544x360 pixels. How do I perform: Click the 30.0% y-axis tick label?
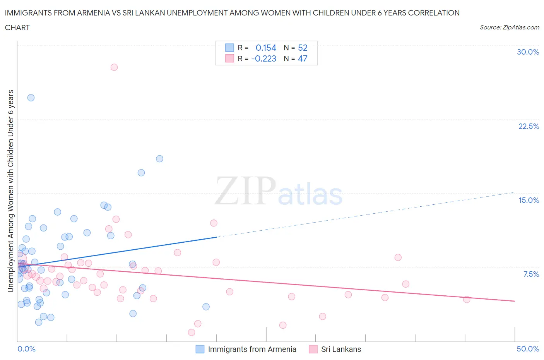click(528, 52)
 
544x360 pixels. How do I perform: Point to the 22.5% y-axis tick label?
click(529, 126)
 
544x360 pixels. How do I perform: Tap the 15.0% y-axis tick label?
click(529, 200)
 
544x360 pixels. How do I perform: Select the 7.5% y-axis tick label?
click(531, 274)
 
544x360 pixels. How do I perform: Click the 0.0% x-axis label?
click(26, 349)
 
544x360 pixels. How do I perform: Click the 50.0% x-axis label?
click(528, 349)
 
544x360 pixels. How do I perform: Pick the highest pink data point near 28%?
click(114, 67)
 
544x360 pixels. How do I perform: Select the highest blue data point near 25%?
click(31, 98)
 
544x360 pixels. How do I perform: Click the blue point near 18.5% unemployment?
click(159, 159)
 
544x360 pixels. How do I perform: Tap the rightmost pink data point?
click(467, 299)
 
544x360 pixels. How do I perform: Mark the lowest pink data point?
click(191, 332)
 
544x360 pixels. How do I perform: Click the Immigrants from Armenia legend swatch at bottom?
click(200, 349)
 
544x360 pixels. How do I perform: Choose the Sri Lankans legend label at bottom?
click(341, 349)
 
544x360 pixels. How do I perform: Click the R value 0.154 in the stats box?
click(266, 48)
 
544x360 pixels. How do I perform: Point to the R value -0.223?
click(263, 58)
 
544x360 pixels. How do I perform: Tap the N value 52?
click(303, 48)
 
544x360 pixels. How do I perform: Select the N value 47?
click(303, 58)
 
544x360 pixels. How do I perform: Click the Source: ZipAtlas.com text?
click(509, 27)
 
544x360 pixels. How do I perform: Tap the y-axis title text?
click(11, 190)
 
